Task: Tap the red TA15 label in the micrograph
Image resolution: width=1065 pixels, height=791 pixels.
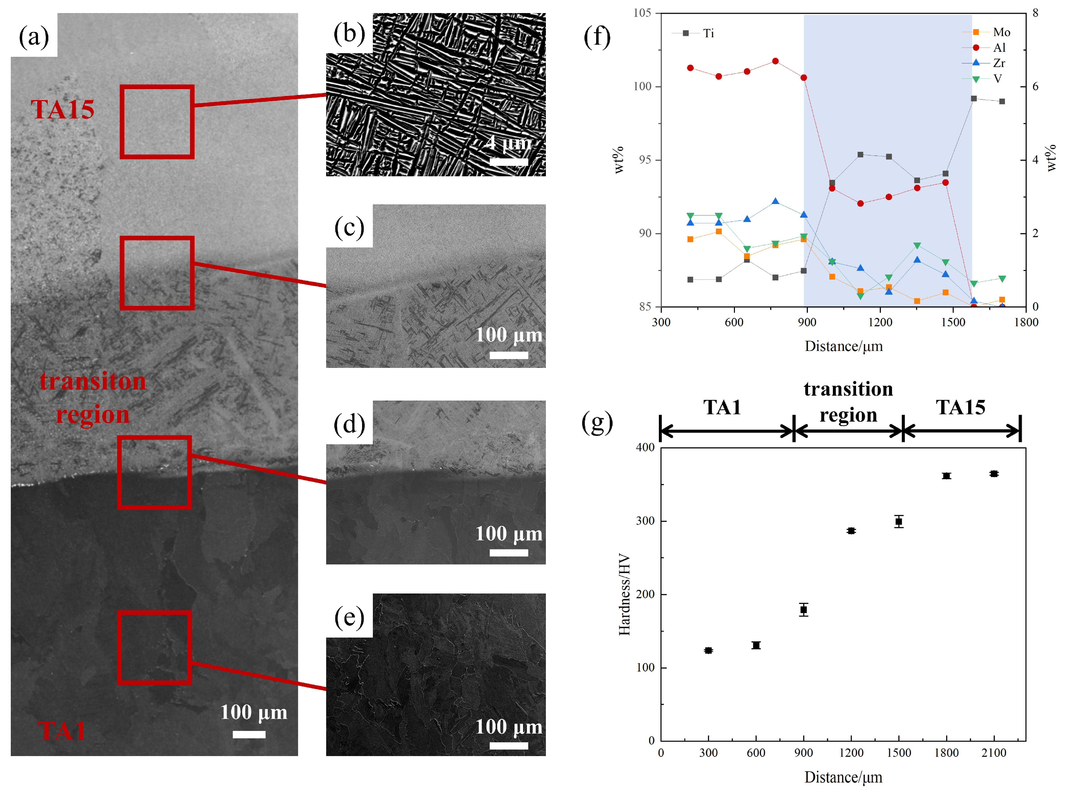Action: tap(63, 110)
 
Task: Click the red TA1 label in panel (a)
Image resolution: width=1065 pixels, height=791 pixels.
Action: tap(62, 731)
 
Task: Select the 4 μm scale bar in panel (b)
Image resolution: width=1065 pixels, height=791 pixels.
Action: tap(509, 162)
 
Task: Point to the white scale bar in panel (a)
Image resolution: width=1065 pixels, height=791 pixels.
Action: tap(249, 734)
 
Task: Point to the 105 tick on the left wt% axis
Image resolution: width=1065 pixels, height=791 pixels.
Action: tap(643, 13)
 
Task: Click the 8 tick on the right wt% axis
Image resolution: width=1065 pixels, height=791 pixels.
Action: tap(1035, 13)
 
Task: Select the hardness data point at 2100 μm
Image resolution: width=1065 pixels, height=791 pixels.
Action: tap(993, 474)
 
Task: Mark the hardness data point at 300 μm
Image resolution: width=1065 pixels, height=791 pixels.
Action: tap(708, 650)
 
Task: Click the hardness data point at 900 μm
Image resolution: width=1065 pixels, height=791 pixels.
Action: tap(803, 609)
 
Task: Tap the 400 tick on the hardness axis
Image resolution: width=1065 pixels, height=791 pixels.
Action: tap(645, 447)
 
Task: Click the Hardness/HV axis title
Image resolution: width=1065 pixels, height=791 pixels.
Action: tap(624, 594)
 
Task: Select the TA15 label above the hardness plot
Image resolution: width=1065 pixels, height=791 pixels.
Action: tap(961, 407)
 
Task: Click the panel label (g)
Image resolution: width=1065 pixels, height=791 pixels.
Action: tap(597, 422)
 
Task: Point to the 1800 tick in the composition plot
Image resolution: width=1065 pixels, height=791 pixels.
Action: tap(1026, 322)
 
